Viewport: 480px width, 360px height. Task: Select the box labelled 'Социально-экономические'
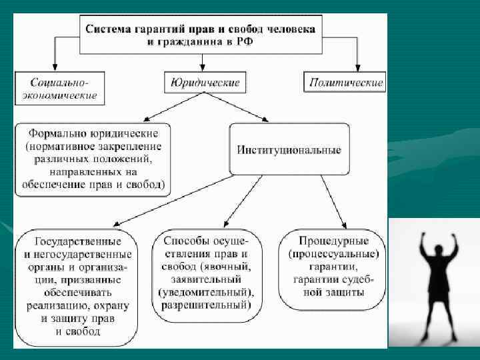[x=59, y=89]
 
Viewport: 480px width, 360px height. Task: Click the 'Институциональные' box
[x=289, y=150]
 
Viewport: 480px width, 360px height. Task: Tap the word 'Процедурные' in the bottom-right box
[x=333, y=241]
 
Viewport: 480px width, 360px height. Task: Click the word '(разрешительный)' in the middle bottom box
[x=204, y=305]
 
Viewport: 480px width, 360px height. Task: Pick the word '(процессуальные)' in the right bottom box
[x=333, y=254]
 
